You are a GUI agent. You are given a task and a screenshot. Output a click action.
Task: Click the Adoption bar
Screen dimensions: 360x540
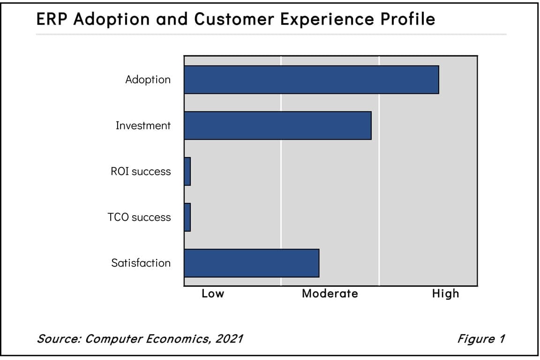(311, 80)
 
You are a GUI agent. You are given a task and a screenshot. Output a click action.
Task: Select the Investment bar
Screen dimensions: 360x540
(277, 126)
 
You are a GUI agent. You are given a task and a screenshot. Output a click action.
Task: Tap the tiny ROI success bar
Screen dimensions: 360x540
(187, 172)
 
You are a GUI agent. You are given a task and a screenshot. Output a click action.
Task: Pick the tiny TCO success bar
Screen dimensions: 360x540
(187, 217)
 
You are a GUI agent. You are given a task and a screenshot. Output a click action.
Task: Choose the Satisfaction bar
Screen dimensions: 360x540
(251, 263)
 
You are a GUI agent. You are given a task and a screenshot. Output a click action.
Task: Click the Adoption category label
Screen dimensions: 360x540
(148, 80)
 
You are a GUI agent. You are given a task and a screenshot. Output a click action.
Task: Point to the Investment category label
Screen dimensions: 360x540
(143, 126)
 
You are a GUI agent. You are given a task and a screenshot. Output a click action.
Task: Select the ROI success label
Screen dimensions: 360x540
(141, 172)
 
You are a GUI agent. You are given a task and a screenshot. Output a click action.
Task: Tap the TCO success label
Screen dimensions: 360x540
(139, 217)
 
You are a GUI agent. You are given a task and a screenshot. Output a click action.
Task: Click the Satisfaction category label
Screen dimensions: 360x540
(141, 263)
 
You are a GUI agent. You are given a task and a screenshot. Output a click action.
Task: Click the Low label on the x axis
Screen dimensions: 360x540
(213, 294)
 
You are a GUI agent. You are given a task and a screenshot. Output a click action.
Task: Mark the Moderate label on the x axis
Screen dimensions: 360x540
(330, 294)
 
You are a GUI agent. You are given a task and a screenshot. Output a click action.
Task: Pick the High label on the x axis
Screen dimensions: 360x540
(445, 294)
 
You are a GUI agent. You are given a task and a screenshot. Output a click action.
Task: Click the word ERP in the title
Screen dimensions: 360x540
(52, 19)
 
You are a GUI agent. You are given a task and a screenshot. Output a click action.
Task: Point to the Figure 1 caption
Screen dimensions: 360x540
(481, 338)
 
